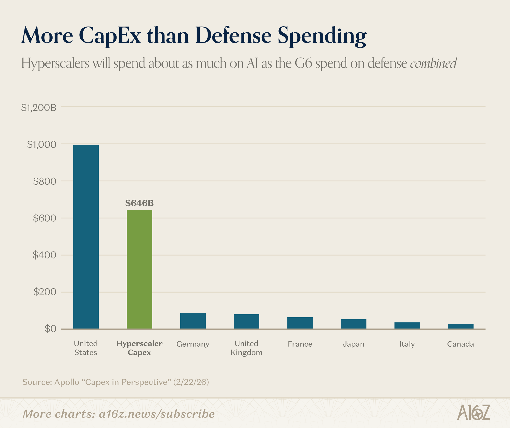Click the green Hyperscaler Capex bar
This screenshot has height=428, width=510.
(x=139, y=269)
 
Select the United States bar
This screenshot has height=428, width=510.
(x=86, y=236)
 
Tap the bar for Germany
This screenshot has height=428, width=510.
(x=193, y=321)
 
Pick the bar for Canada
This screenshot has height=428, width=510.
(x=461, y=326)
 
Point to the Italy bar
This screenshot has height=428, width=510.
(x=407, y=325)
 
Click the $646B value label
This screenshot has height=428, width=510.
(x=139, y=203)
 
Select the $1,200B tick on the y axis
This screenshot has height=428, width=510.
(x=39, y=108)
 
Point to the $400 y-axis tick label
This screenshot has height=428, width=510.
(x=44, y=255)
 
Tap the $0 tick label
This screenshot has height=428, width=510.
(x=50, y=329)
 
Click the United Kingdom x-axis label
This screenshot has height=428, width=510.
(x=246, y=348)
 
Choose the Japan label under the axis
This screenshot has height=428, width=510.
(x=353, y=344)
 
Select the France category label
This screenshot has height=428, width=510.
(x=300, y=344)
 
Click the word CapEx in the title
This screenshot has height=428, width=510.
(x=110, y=35)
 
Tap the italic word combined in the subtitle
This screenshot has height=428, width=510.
(x=433, y=63)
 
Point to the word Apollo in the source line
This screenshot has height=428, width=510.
(x=67, y=382)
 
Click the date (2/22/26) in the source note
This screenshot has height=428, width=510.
(x=191, y=382)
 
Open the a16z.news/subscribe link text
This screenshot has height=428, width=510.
(x=157, y=414)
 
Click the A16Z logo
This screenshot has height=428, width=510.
(x=474, y=412)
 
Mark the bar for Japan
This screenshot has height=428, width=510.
(x=353, y=324)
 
